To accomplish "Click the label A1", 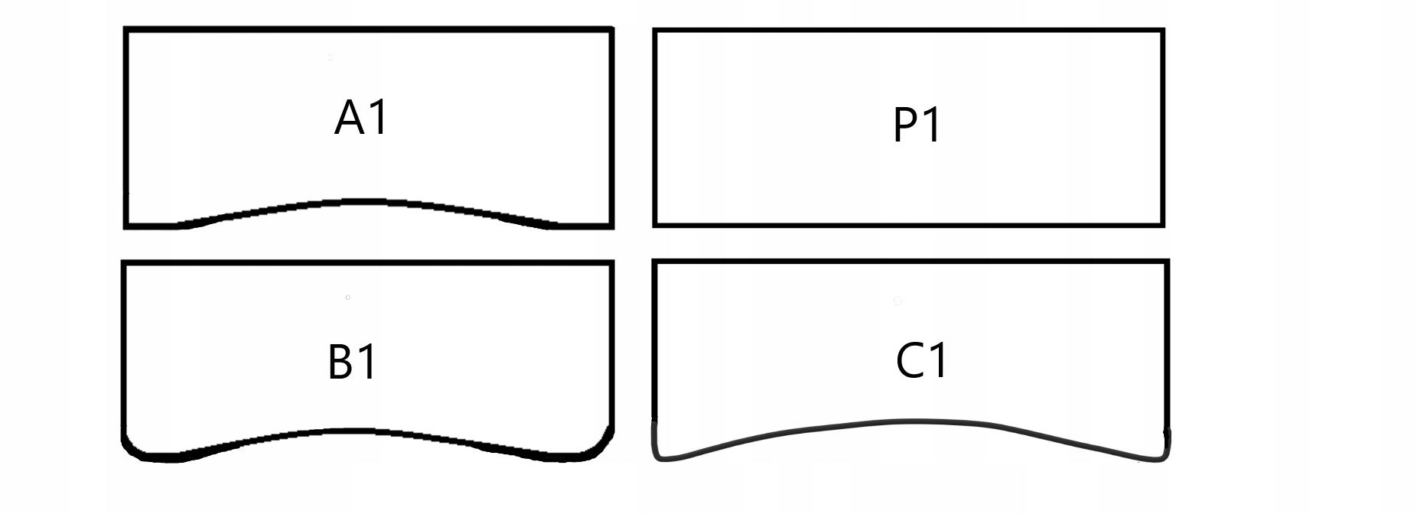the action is click(362, 119).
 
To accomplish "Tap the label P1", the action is click(917, 125).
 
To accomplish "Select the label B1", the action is click(352, 362).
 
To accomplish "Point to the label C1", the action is click(922, 360).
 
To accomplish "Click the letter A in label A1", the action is click(350, 119).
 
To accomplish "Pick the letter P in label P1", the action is click(905, 126).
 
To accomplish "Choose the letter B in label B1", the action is click(340, 363).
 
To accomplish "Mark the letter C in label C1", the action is click(909, 361).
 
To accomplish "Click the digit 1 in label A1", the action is click(379, 119).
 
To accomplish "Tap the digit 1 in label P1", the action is click(932, 125).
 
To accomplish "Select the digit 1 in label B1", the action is click(368, 362).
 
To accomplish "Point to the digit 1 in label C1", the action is click(938, 360).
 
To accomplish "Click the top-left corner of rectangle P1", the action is click(655, 31).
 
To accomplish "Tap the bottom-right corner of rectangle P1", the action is click(1162, 225).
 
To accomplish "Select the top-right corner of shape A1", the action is click(611, 31).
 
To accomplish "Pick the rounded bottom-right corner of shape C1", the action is click(1162, 454).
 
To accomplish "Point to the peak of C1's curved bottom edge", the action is click(914, 421).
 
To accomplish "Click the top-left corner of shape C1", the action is click(655, 262).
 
